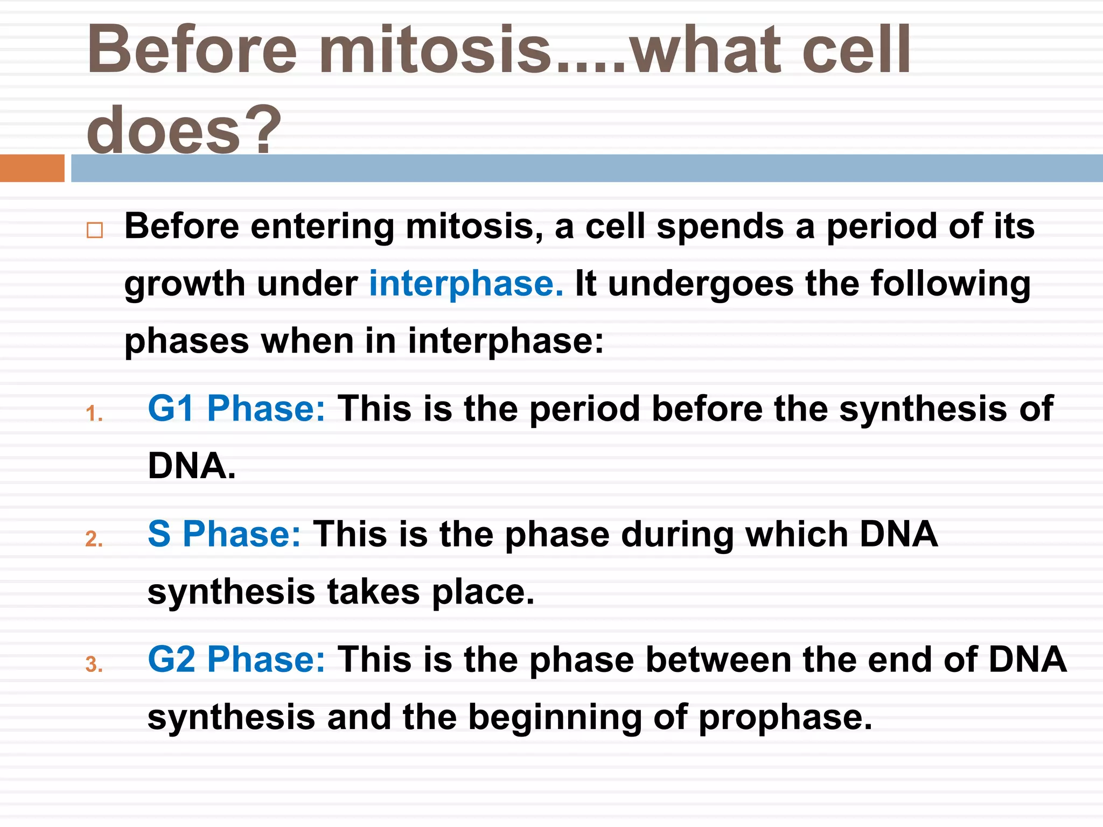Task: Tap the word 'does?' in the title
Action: tap(183, 129)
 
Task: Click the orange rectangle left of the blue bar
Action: tap(32, 168)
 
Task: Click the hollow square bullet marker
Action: tap(95, 230)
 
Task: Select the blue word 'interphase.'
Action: tap(466, 284)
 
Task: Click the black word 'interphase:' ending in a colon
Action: tap(506, 341)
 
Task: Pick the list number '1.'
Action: tap(94, 414)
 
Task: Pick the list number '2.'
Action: tap(94, 539)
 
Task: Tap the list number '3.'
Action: tap(94, 665)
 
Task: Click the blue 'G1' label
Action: tap(171, 409)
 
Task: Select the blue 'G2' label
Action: tap(171, 660)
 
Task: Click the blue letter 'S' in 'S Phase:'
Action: tap(159, 534)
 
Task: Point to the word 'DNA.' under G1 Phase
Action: tap(192, 466)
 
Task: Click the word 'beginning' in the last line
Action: tap(555, 718)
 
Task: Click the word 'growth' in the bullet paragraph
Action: tap(185, 284)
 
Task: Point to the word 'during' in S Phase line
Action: tap(677, 534)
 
